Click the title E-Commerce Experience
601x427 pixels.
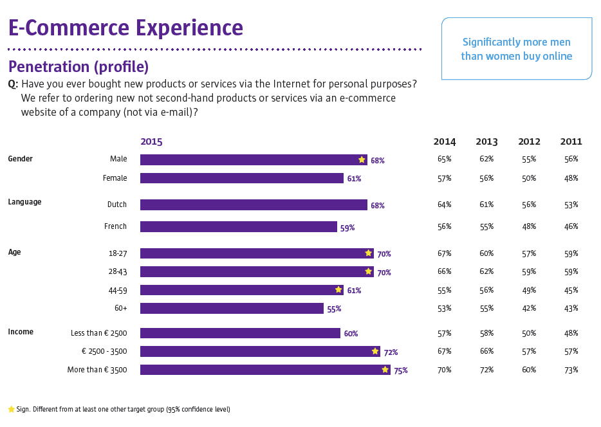[125, 28]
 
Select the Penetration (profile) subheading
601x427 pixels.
[78, 67]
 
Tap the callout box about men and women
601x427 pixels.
[516, 49]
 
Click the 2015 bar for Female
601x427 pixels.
[241, 178]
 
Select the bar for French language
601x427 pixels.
[238, 227]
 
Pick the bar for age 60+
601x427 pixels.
[232, 309]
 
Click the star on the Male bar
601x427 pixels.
[362, 159]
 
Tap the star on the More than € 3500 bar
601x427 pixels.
[385, 370]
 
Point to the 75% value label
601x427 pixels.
[400, 370]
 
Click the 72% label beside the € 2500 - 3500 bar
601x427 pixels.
[391, 352]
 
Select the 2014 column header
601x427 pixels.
[444, 141]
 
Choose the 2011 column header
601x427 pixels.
[571, 141]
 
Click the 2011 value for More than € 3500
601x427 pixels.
[571, 370]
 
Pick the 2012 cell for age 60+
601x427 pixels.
[529, 308]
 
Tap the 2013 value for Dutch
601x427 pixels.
[486, 204]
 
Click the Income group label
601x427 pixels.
[21, 332]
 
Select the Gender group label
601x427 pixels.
[21, 159]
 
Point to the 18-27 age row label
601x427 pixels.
[118, 253]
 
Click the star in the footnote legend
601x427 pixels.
[11, 409]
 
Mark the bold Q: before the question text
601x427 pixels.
[13, 84]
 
